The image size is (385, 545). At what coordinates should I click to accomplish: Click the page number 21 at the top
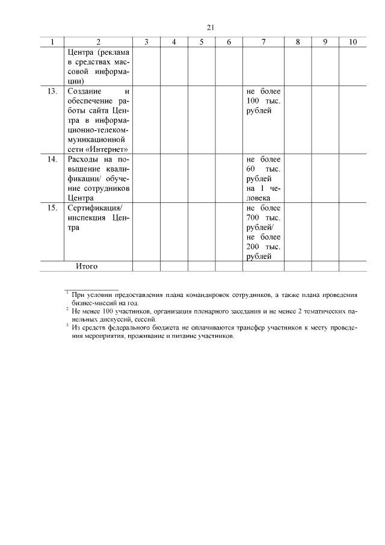211,28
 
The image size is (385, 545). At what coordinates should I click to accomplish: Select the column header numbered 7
263,42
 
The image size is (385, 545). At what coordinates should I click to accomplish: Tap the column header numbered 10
353,42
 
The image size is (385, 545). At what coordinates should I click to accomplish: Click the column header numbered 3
147,42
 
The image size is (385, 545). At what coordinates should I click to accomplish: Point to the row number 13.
52,91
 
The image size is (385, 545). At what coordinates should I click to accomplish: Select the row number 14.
52,160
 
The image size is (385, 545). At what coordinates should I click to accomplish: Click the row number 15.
52,208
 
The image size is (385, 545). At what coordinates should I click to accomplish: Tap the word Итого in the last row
87,266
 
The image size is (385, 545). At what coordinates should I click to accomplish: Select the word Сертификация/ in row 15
94,208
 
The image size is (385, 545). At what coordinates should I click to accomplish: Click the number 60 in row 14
251,169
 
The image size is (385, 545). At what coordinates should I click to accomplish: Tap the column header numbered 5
202,42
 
